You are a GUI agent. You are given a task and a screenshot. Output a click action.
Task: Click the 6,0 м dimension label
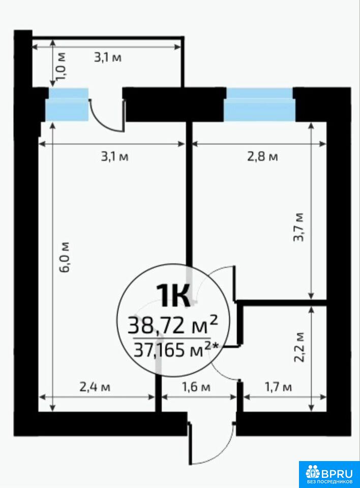click(66, 257)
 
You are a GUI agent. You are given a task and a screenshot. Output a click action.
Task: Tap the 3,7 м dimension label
click(298, 228)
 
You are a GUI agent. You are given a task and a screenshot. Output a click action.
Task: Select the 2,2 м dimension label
click(299, 347)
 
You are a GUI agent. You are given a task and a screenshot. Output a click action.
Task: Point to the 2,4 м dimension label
click(95, 387)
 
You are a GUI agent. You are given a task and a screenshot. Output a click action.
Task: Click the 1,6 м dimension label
click(196, 387)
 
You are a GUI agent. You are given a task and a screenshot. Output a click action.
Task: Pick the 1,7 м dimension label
click(278, 387)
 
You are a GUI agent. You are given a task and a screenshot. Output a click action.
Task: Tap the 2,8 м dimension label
click(262, 156)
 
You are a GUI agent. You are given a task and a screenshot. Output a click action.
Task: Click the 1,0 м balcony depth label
click(62, 67)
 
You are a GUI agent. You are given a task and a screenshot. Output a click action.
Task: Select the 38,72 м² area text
click(172, 325)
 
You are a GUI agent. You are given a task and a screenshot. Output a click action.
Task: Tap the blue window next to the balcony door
click(67, 105)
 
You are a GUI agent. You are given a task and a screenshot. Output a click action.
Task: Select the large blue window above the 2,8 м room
click(259, 105)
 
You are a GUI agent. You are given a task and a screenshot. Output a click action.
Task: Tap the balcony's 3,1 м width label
click(108, 57)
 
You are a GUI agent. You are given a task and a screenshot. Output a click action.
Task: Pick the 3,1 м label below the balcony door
click(114, 156)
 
